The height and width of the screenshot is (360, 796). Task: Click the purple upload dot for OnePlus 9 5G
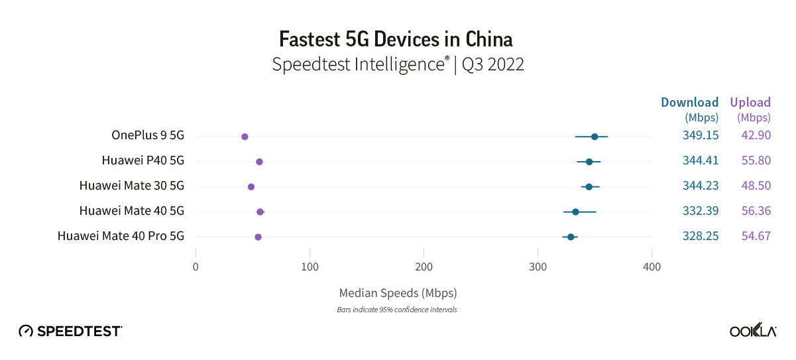245,137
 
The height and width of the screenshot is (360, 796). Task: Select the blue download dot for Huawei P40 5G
589,162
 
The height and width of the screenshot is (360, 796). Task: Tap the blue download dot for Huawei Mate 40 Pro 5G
570,237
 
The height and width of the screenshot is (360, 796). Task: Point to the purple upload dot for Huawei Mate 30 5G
251,187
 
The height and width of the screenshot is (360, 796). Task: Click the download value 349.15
701,136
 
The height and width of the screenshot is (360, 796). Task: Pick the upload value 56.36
756,211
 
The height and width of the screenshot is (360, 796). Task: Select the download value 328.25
701,236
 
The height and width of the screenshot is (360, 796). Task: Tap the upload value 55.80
756,160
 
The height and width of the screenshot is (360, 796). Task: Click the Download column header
689,102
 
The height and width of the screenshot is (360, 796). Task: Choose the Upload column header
750,102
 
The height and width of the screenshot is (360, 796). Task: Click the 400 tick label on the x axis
652,267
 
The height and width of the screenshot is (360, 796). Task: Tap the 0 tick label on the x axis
196,267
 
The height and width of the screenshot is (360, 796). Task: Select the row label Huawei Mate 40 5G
131,211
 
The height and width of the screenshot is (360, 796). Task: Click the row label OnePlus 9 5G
147,136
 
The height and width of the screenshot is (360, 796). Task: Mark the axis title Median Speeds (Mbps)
398,292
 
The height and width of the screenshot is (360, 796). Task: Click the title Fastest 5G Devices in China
396,39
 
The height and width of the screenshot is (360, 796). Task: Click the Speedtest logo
70,331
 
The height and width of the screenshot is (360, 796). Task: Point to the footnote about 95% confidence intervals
397,310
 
